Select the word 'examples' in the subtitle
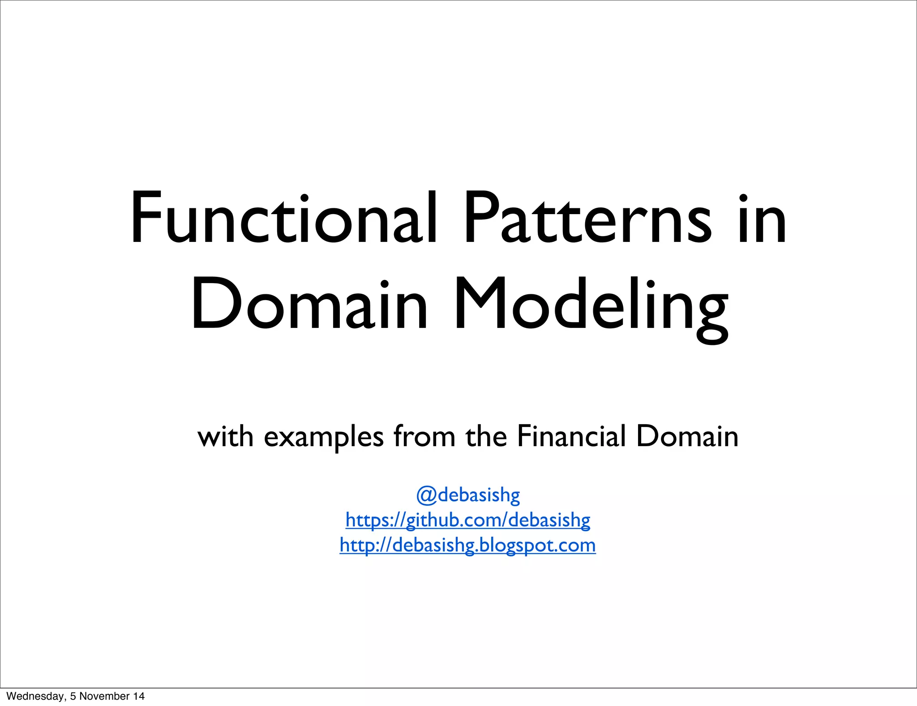324,437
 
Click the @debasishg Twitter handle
468,495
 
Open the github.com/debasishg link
468,520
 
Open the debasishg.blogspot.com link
468,545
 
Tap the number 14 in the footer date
138,696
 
